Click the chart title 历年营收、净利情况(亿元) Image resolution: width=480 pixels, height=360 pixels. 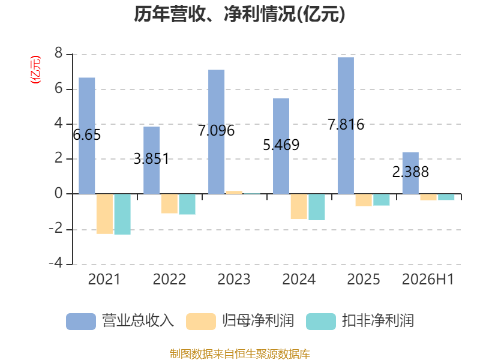click(x=239, y=14)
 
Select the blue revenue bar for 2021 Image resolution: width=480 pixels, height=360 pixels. click(x=87, y=136)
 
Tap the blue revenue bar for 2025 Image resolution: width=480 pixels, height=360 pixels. click(x=346, y=125)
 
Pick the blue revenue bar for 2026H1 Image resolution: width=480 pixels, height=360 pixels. click(x=410, y=173)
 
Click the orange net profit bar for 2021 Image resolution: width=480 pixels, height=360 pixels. click(x=104, y=214)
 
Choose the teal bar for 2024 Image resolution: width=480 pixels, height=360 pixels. click(x=317, y=207)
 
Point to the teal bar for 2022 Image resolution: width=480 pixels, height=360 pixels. click(x=187, y=204)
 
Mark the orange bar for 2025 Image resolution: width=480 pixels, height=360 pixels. click(x=364, y=200)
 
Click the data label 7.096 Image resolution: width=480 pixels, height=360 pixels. click(x=217, y=131)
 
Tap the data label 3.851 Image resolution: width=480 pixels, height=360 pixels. click(x=151, y=159)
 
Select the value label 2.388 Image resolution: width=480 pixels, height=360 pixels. click(x=410, y=172)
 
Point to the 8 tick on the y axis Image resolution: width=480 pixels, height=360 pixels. click(x=58, y=53)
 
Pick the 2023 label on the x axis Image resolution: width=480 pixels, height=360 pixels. click(x=234, y=279)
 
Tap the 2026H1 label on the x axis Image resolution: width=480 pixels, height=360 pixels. click(x=428, y=279)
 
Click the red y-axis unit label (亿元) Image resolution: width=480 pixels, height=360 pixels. click(x=35, y=70)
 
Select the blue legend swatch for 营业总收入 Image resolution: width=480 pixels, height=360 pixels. click(x=81, y=322)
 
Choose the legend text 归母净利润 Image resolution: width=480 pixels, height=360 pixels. click(x=258, y=321)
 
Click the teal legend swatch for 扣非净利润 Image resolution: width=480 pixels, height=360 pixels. click(x=321, y=322)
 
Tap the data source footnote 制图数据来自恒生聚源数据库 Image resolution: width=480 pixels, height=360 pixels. click(x=240, y=354)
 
